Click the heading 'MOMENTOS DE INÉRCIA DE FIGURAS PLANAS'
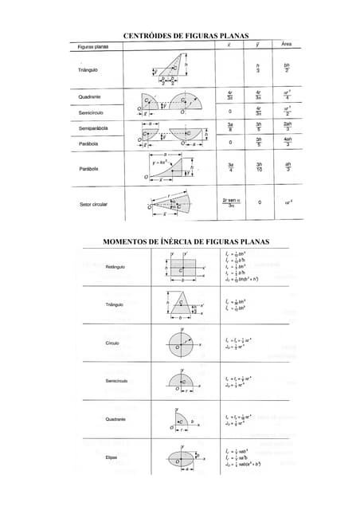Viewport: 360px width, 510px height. pos(186,241)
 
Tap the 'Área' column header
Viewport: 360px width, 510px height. pos(286,45)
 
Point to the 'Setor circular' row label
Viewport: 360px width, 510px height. pos(93,204)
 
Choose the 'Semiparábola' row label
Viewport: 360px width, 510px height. pos(93,128)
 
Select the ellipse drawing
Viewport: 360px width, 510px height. pos(182,457)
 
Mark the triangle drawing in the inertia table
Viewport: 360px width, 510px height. pos(182,305)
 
